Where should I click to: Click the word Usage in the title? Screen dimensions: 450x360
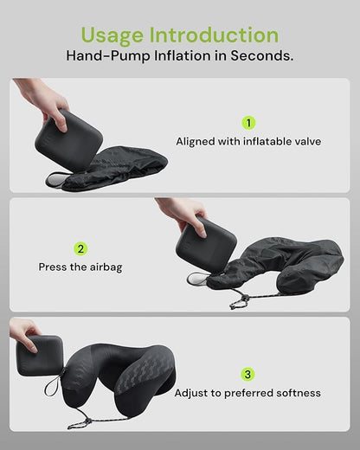112,35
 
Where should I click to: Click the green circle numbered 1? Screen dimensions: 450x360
248,123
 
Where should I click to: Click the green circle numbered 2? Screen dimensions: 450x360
80,248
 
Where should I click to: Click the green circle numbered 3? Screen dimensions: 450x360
248,375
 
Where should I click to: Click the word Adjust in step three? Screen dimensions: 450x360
193,393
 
